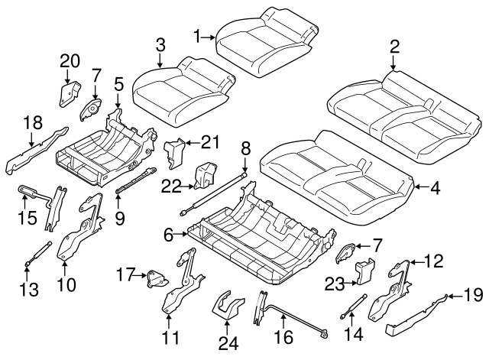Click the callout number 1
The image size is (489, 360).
[197, 36]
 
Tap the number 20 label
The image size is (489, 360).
[70, 61]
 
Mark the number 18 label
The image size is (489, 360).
[31, 122]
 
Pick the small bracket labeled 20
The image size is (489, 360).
[70, 93]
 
